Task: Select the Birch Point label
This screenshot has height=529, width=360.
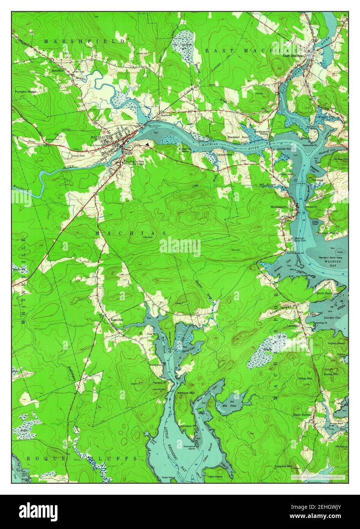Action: (323, 293)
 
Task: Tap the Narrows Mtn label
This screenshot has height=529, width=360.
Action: (186, 392)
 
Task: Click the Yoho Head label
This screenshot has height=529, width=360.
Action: (215, 476)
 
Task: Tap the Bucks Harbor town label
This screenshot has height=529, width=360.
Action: (302, 415)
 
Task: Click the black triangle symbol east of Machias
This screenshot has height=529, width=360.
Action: (148, 144)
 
